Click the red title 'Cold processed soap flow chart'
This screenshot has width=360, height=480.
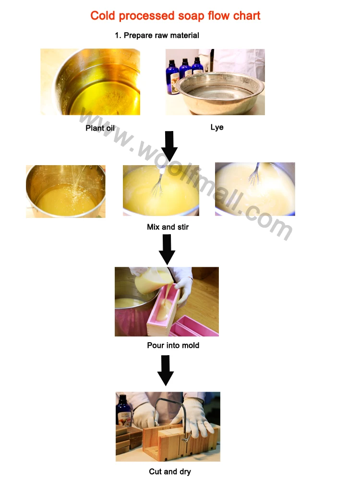tap(175, 16)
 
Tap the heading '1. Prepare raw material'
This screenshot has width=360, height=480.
tap(157, 36)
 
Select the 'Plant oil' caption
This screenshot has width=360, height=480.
tap(100, 128)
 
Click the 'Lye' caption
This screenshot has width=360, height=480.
tap(217, 127)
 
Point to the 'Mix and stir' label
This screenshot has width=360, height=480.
tap(168, 227)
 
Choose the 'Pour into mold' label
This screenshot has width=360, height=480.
tap(173, 345)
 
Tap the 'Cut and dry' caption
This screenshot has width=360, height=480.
tap(170, 471)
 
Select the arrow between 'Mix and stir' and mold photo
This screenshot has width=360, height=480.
tap(167, 250)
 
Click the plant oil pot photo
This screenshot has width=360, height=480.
tap(90, 82)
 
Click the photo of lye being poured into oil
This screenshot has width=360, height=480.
tap(65, 192)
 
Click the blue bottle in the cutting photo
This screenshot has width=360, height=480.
tap(123, 411)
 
